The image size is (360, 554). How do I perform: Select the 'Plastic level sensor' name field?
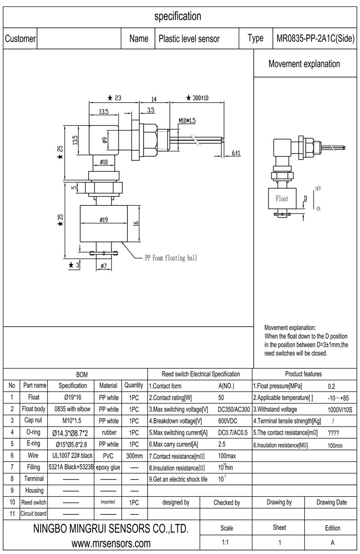[189, 39]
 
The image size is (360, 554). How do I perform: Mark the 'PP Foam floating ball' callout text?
[171, 258]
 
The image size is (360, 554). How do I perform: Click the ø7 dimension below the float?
[103, 266]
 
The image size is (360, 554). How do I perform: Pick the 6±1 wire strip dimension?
[236, 153]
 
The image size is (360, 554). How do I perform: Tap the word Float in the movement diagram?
[282, 199]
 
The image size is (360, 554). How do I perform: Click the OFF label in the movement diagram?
[318, 189]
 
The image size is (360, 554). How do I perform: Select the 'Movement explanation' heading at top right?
[304, 64]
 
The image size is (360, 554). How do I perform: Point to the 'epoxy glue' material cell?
[108, 468]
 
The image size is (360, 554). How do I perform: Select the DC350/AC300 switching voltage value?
[234, 409]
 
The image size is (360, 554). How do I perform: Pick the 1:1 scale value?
[226, 543]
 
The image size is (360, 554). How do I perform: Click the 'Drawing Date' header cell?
[332, 502]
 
